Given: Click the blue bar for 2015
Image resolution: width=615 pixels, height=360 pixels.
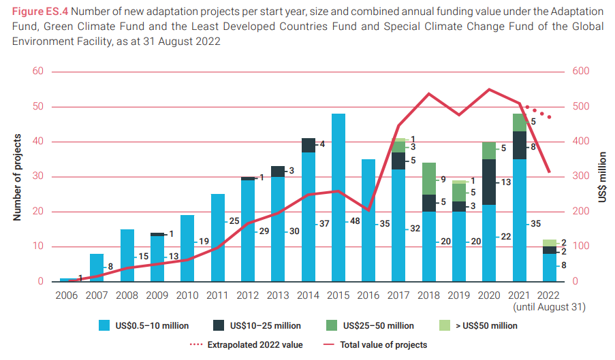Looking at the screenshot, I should point(338,197).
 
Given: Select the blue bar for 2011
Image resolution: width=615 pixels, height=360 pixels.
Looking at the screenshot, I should point(218,238).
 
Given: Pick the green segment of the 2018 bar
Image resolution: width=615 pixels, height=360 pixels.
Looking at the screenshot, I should point(429,178).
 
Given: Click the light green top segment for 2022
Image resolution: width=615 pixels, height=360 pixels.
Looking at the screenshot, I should point(550,243).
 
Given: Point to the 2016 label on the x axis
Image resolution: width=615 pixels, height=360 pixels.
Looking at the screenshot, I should point(368,295).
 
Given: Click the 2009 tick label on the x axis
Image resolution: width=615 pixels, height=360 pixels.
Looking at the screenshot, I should point(157,295).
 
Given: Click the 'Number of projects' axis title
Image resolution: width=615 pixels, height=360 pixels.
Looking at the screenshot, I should point(18,176).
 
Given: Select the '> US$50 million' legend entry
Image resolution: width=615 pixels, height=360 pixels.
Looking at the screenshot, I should point(486,326).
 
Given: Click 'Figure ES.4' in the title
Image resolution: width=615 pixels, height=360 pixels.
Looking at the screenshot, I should point(42,12).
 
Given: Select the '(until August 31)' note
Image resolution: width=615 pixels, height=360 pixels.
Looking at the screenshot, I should point(550,308).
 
